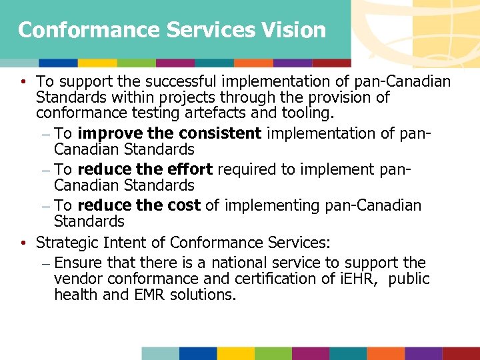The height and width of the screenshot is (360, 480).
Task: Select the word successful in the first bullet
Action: point(170,81)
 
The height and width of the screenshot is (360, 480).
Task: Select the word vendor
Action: point(77,279)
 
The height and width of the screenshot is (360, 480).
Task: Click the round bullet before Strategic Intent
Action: point(24,241)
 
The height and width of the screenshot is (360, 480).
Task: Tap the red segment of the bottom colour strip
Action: point(461,353)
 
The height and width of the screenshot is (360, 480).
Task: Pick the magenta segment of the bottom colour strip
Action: point(311,353)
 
